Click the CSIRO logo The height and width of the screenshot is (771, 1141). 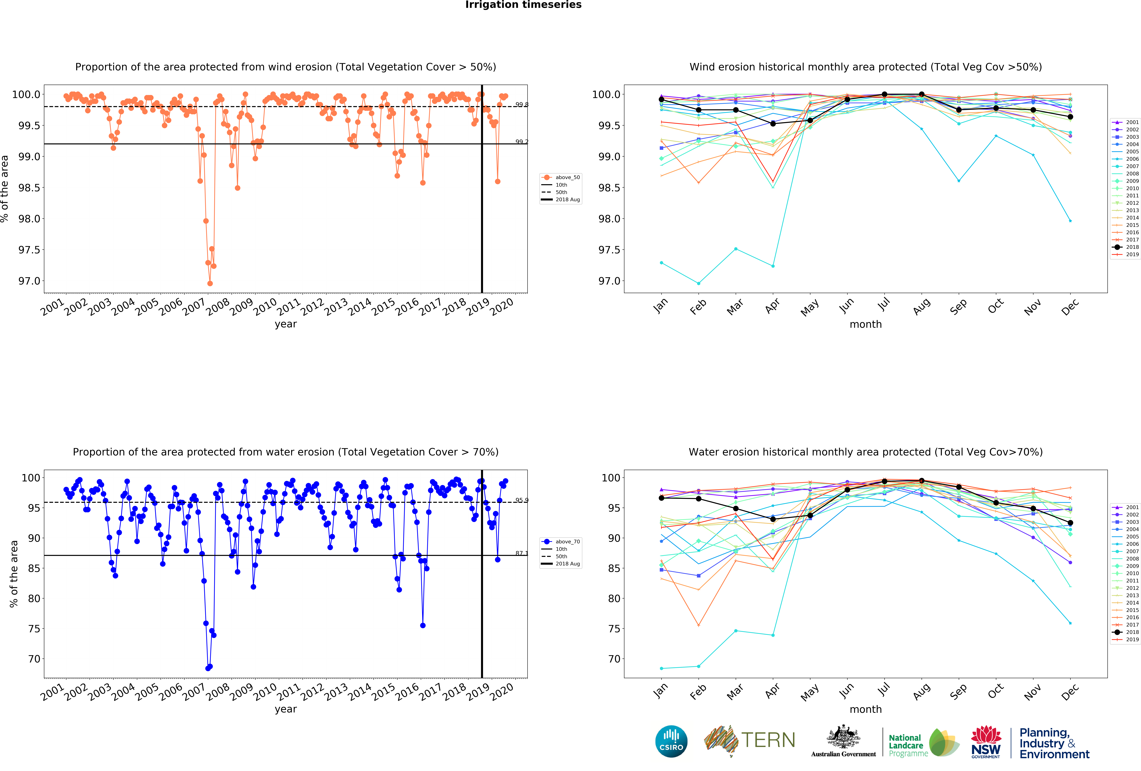click(671, 741)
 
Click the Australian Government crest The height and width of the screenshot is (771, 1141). click(843, 737)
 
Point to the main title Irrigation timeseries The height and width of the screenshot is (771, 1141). click(523, 5)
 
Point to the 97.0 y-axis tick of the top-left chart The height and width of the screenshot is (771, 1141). click(29, 281)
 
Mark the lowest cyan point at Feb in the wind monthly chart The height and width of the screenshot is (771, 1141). click(699, 283)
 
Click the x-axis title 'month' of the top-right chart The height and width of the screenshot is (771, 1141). click(866, 324)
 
